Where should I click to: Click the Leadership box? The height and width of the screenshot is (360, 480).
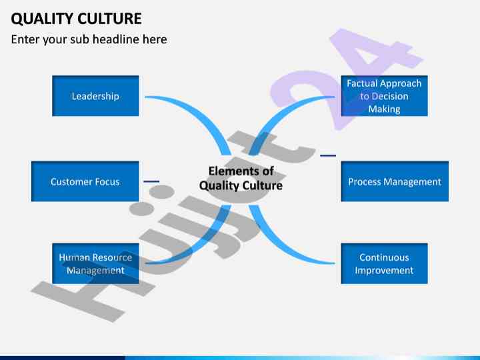click(x=95, y=96)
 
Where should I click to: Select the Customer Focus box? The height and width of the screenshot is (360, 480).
click(x=85, y=181)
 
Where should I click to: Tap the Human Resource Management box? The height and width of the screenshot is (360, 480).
click(x=95, y=263)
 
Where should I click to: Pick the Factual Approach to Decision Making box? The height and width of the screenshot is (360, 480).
click(x=384, y=96)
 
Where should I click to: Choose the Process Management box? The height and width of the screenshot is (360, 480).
click(x=395, y=181)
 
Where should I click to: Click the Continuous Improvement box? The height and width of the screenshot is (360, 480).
click(x=384, y=263)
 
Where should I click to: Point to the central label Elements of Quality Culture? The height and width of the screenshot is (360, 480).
click(x=241, y=178)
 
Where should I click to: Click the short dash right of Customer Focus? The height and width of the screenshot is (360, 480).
click(x=151, y=181)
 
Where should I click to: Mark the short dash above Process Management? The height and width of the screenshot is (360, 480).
click(x=327, y=155)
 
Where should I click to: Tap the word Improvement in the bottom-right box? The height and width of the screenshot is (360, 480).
click(x=384, y=270)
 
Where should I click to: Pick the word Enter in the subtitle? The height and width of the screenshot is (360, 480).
click(x=25, y=39)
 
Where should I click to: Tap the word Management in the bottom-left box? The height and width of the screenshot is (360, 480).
click(x=95, y=270)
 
